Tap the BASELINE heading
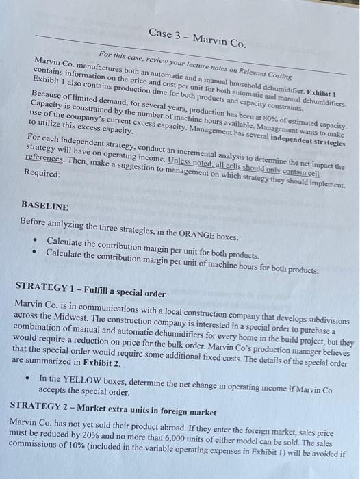click(45, 205)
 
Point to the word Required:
click(42, 174)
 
